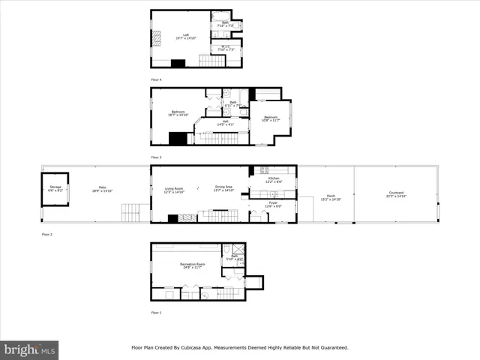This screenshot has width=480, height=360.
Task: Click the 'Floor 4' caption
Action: pyautogui.click(x=156, y=79)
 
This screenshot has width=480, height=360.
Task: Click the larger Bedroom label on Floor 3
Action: pyautogui.click(x=178, y=114)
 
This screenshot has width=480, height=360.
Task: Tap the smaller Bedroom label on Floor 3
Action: pyautogui.click(x=270, y=118)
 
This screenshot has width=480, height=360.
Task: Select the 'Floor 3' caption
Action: pyautogui.click(x=156, y=157)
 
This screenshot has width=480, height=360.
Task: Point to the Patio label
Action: pyautogui.click(x=102, y=190)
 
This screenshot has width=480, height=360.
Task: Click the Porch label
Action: pyautogui.click(x=331, y=198)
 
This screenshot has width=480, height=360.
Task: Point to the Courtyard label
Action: pyautogui.click(x=395, y=194)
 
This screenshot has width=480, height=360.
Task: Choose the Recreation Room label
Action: pyautogui.click(x=193, y=265)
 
